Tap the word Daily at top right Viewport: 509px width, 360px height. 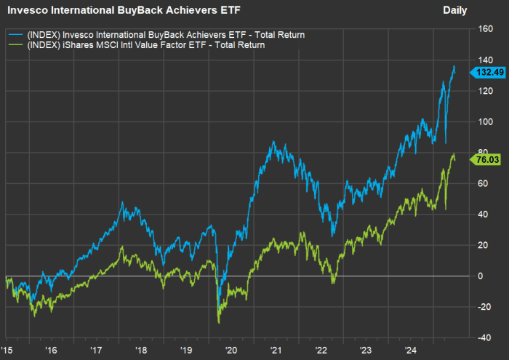pyautogui.click(x=455, y=10)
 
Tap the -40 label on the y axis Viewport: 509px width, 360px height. pyautogui.click(x=484, y=337)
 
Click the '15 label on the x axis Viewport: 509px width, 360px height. pyautogui.click(x=7, y=349)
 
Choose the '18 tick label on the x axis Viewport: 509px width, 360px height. pyautogui.click(x=140, y=349)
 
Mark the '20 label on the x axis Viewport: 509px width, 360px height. pyautogui.click(x=231, y=349)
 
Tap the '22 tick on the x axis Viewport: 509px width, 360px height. pyautogui.click(x=321, y=349)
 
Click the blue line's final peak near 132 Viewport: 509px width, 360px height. pyautogui.click(x=454, y=66)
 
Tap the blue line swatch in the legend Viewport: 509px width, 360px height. pyautogui.click(x=15, y=33)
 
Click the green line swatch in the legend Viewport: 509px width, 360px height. pyautogui.click(x=15, y=45)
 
